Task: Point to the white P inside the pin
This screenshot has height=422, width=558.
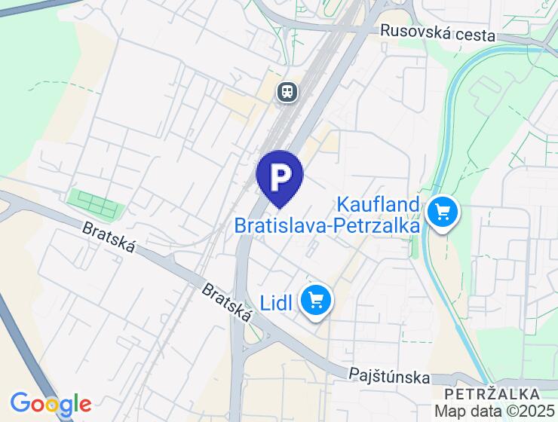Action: (x=280, y=176)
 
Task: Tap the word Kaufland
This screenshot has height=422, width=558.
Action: (x=377, y=204)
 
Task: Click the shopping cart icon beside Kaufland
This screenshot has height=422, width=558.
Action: (x=442, y=212)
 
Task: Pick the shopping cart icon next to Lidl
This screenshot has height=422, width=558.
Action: (x=316, y=302)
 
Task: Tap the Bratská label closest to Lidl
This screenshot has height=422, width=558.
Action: (x=226, y=303)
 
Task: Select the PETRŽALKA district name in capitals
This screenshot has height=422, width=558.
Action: (x=492, y=394)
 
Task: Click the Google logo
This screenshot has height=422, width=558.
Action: (x=50, y=404)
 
